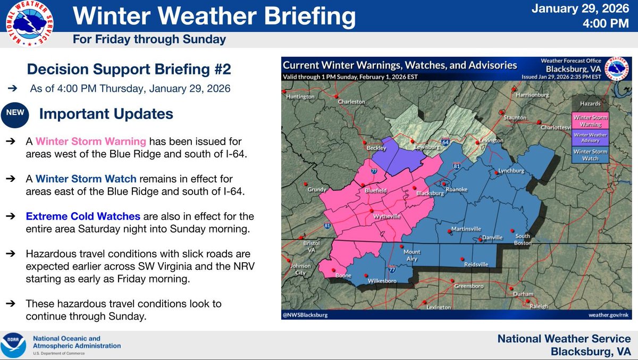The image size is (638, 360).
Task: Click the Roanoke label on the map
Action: click(457, 189)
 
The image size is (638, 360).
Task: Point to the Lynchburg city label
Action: click(511, 171)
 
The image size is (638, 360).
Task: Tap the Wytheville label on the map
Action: click(387, 217)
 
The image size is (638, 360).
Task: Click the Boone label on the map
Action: click(343, 275)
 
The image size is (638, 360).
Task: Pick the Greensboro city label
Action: click(468, 286)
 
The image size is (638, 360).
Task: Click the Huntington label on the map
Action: click(300, 97)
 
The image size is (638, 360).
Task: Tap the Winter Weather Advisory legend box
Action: click(590, 138)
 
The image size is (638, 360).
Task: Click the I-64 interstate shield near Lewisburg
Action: click(446, 143)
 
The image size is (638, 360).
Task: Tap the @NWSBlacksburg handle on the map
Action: click(306, 315)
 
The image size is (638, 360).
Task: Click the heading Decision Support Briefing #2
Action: click(129, 69)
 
